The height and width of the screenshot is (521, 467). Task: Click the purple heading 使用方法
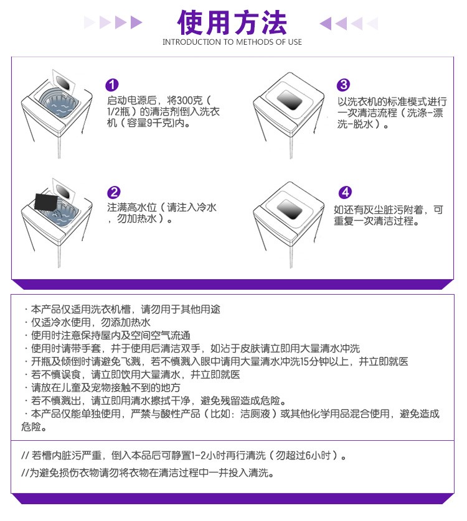232,22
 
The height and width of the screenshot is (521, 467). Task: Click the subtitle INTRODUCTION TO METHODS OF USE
232,42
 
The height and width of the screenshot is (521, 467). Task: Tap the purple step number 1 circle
112,85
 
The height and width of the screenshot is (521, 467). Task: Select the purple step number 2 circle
113,192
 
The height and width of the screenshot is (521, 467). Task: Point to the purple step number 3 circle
343,85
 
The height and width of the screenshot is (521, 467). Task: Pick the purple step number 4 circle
345,192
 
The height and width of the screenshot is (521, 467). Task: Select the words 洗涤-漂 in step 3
425,113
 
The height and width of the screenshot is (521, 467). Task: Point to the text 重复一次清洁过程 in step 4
374,221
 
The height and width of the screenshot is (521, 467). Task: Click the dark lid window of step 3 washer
290,99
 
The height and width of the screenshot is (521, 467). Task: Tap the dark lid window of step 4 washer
290,210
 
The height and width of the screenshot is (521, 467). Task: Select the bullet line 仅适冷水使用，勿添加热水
90,322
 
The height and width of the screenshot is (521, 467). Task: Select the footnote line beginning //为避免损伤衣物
148,473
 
